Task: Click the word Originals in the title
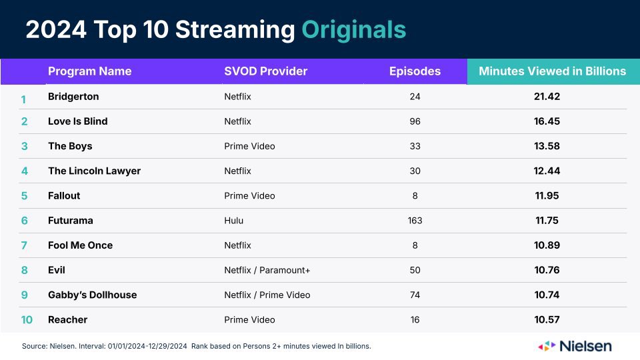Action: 353,30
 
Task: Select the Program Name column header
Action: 90,71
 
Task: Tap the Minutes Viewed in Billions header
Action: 552,71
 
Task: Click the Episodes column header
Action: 415,71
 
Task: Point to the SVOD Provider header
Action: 265,71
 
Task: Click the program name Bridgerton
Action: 73,97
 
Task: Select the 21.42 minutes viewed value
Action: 547,97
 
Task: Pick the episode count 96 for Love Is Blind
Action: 415,121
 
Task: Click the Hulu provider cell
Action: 233,221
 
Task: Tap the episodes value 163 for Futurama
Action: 415,221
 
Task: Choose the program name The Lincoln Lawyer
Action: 94,171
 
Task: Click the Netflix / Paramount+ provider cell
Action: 267,270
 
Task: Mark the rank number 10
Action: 26,320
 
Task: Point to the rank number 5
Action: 24,196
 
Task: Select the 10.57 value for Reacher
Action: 547,320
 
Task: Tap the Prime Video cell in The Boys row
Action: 249,146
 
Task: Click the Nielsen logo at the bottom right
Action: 575,346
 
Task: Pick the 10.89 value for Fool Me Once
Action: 547,245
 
